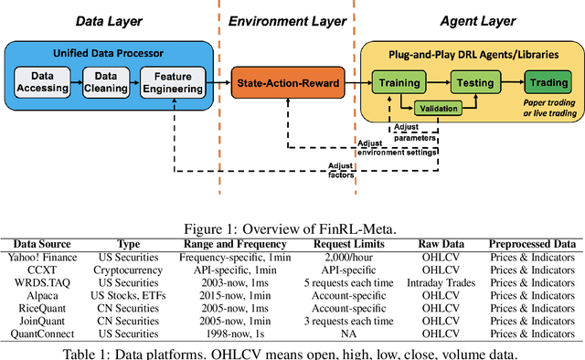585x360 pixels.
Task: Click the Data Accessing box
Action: [x=45, y=83]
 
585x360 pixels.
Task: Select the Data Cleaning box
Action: [x=103, y=83]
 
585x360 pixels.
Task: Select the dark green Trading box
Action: [x=546, y=83]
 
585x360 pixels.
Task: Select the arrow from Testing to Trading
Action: [x=510, y=83]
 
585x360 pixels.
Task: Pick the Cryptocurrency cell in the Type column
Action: [x=131, y=270]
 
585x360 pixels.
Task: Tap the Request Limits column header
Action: [x=351, y=244]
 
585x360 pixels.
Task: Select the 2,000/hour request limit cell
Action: [x=351, y=257]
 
